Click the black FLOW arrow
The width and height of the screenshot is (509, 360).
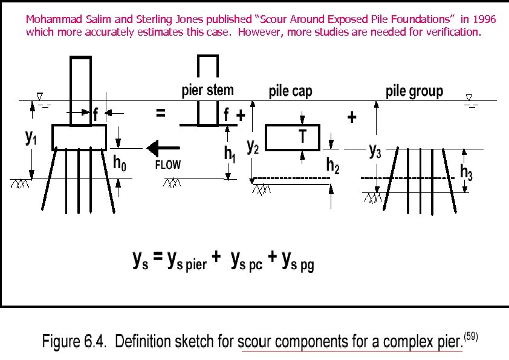[163, 147]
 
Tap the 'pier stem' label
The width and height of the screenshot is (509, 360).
[207, 91]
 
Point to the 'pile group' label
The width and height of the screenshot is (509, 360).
[414, 91]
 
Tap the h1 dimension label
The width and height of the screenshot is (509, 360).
[230, 155]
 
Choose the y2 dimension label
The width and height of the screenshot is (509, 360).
[253, 147]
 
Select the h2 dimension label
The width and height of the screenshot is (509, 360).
[332, 165]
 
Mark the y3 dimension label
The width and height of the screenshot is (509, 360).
[375, 151]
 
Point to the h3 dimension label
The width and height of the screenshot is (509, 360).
[466, 172]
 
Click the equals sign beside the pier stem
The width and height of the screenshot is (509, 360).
[161, 113]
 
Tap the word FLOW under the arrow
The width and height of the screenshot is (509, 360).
[168, 164]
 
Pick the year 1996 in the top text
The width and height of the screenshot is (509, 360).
[482, 19]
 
